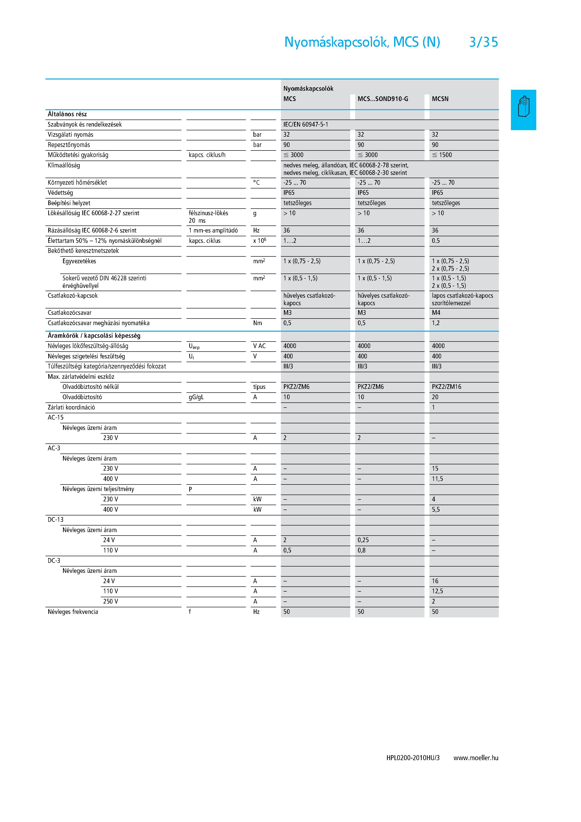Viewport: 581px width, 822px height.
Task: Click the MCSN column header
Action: tap(440, 99)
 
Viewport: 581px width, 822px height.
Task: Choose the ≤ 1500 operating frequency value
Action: tap(442, 155)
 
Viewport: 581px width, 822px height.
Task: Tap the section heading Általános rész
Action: tap(67, 114)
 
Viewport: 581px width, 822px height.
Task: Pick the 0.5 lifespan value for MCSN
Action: tap(435, 240)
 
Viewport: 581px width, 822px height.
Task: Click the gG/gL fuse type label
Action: tap(196, 397)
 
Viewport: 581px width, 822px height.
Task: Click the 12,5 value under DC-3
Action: tap(437, 591)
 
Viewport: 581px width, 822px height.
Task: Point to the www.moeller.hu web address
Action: tap(476, 758)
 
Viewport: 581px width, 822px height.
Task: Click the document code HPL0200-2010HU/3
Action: tap(413, 758)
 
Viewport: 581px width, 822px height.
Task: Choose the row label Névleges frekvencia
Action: tap(73, 612)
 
